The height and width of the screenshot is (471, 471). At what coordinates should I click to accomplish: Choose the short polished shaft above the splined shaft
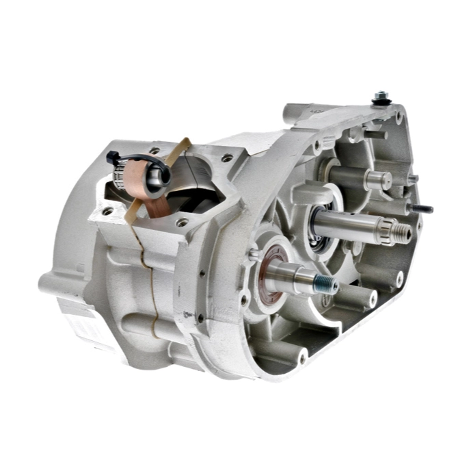(x=376, y=180)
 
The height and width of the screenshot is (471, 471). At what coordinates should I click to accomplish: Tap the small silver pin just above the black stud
(x=413, y=179)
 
